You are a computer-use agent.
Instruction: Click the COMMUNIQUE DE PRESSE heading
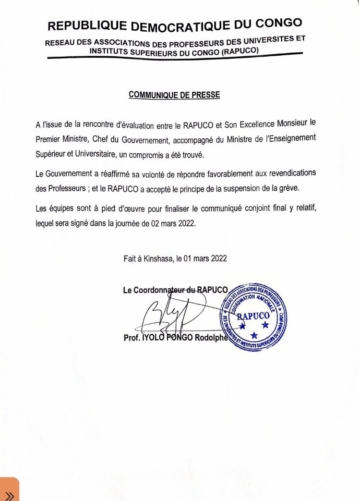point(174,95)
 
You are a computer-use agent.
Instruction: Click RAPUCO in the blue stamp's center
point(253,316)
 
